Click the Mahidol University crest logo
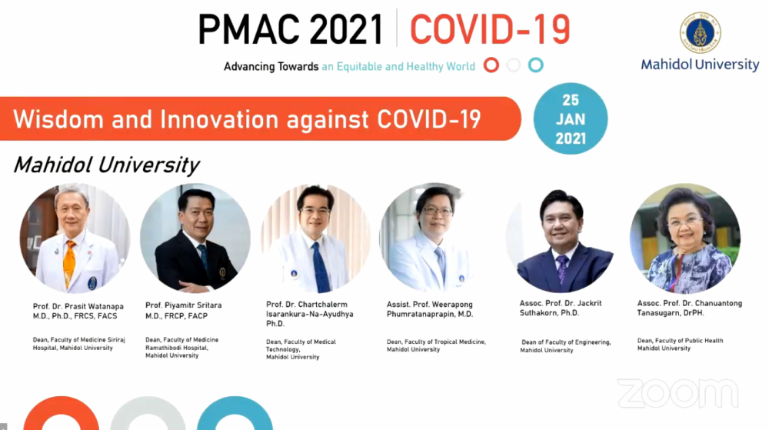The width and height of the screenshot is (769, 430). (700, 33)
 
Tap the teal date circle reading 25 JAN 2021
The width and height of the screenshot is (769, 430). (571, 118)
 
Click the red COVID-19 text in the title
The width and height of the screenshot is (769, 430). (490, 29)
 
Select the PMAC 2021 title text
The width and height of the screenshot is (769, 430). (291, 29)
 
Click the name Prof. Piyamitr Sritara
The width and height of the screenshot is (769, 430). (184, 305)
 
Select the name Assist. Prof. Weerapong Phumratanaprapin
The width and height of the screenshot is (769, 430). (430, 309)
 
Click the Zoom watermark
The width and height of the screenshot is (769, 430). (677, 393)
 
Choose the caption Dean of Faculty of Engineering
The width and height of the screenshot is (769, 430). (566, 342)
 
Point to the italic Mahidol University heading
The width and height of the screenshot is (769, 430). (106, 165)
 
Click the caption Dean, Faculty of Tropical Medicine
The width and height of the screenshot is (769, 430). (436, 342)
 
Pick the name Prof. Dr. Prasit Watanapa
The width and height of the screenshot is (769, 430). (78, 306)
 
